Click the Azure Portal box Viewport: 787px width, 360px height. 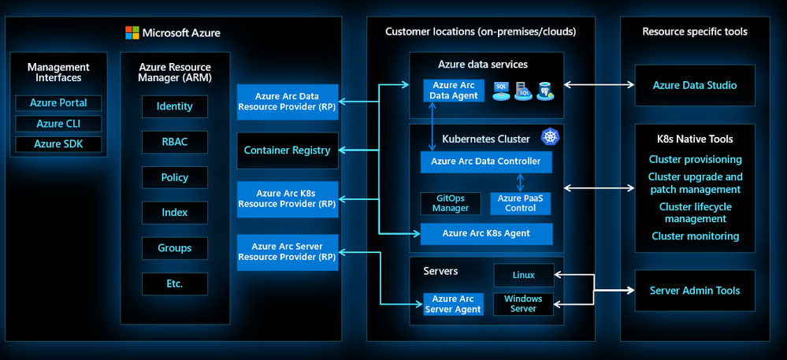pos(58,103)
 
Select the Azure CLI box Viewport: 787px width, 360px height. pos(58,124)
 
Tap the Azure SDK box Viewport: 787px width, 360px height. pos(58,144)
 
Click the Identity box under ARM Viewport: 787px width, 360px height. pos(175,106)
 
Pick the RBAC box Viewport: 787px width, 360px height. pos(175,142)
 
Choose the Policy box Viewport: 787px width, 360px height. pos(175,177)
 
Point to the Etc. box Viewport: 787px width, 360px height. pos(175,284)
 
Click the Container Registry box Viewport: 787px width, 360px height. pos(288,150)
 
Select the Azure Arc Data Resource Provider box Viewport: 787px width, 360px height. pos(288,102)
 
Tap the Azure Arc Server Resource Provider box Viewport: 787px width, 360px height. pos(288,251)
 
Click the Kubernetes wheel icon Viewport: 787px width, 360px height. pos(549,137)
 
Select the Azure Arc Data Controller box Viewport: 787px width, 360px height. pos(486,162)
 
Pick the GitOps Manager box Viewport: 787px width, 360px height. pos(451,203)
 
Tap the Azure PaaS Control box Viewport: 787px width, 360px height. pos(520,203)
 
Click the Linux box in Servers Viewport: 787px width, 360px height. pos(523,275)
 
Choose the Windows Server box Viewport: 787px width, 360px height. pos(523,303)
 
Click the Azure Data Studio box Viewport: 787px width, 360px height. pos(694,85)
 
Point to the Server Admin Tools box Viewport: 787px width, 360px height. pos(694,291)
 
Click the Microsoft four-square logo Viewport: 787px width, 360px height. pos(132,32)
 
